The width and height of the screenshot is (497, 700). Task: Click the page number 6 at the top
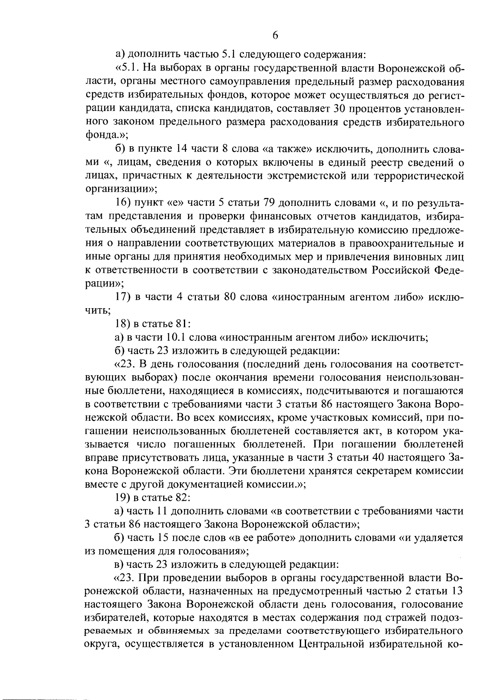[275, 36]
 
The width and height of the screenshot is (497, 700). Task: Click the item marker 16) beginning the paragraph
[123, 203]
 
